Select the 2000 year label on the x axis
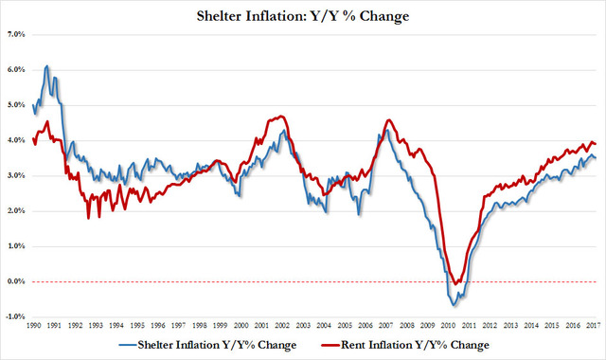[243, 326]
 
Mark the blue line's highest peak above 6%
[47, 66]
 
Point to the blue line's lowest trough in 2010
[454, 305]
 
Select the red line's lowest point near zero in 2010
[457, 282]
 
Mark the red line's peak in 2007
[389, 120]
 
